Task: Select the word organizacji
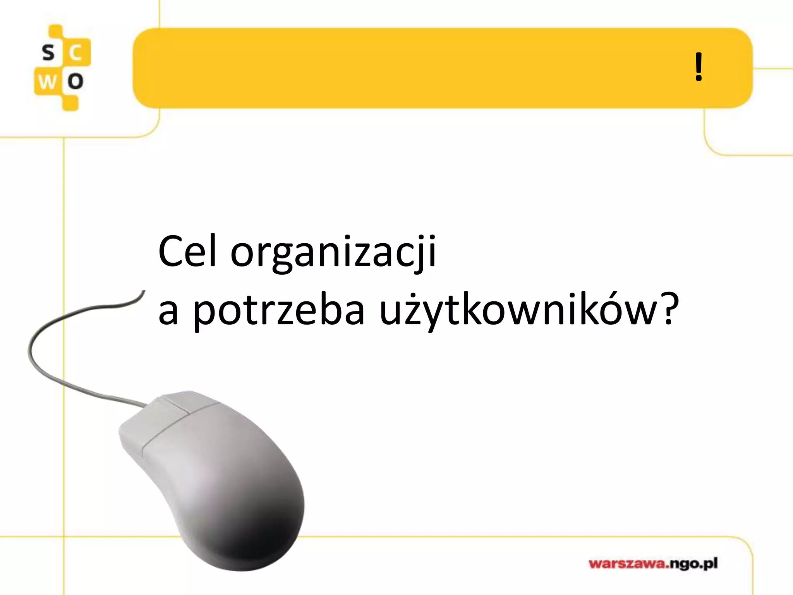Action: (333, 254)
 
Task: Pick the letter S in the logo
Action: (48, 53)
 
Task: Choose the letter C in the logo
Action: (76, 53)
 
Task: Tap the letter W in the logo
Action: (47, 82)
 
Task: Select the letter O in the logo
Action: (76, 82)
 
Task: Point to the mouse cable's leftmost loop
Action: (30, 351)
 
